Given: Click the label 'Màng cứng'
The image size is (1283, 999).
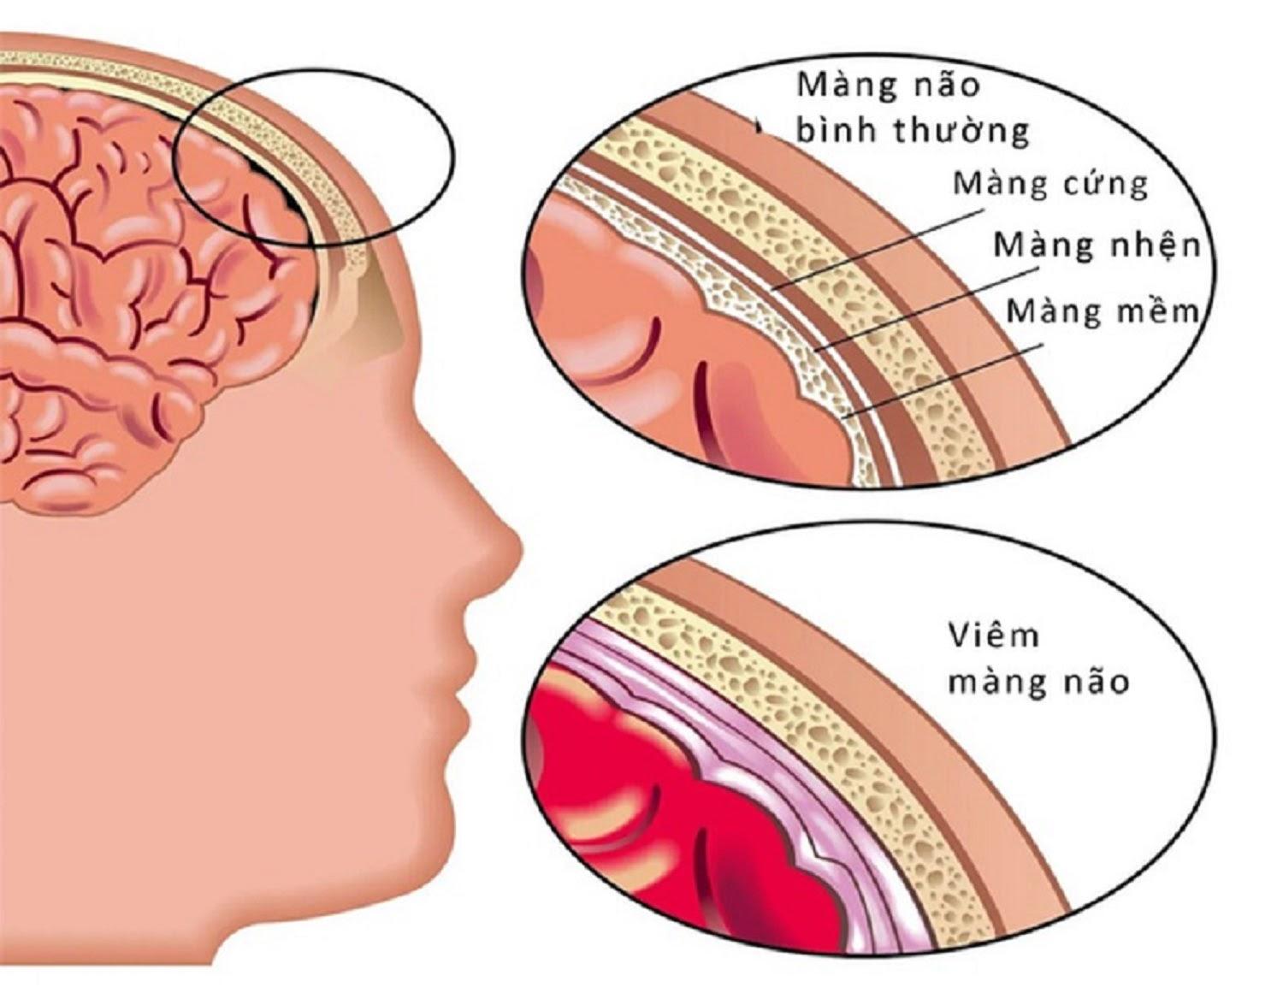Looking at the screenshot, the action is pyautogui.click(x=1049, y=186).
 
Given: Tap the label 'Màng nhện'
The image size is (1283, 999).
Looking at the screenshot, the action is pyautogui.click(x=1097, y=246).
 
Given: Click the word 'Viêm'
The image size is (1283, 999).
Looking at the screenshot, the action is pyautogui.click(x=992, y=635).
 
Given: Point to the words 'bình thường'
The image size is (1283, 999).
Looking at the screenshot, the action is pyautogui.click(x=912, y=131).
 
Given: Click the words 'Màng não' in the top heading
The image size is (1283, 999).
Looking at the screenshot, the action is pyautogui.click(x=888, y=86).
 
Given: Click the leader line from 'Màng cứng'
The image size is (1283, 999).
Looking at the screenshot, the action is pyautogui.click(x=878, y=250).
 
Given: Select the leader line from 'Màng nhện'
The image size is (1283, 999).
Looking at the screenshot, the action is pyautogui.click(x=925, y=310).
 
